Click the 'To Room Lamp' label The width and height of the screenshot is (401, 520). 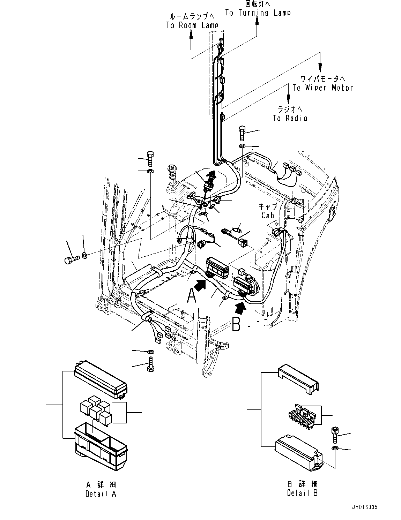[x=192, y=25]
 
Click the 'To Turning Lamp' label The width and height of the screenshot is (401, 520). [x=257, y=13]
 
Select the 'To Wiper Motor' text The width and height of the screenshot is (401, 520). [x=322, y=88]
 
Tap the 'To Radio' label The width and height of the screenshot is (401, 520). [x=290, y=118]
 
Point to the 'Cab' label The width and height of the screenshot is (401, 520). [x=268, y=215]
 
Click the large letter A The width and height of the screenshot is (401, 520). [x=192, y=296]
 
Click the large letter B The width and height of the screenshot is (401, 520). [x=236, y=325]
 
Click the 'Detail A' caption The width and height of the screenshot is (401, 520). [x=101, y=493]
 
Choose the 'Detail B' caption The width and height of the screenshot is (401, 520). [x=302, y=493]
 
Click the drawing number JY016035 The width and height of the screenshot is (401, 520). [x=365, y=507]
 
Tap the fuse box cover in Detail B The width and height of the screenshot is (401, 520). [x=299, y=380]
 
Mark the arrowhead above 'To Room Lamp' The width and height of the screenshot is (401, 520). [x=191, y=33]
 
